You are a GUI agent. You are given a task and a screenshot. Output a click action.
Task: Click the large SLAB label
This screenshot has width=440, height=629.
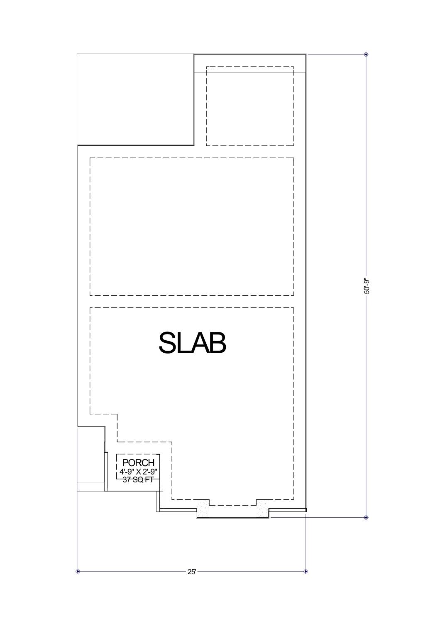pos(192,343)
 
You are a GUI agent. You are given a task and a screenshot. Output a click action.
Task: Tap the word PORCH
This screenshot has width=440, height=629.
pos(138,463)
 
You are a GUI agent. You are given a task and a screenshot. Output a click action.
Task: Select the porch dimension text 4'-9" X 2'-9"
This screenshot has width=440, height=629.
pos(138,472)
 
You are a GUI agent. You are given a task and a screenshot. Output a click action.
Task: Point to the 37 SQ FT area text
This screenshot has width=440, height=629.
pos(138,479)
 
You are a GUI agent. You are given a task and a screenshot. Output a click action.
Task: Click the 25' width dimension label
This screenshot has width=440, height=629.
pos(191,572)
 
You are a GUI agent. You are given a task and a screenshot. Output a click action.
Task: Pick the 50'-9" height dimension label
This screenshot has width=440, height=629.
pos(366,286)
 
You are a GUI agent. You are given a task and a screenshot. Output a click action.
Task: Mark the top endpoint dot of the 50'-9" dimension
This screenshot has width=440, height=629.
pos(366,54)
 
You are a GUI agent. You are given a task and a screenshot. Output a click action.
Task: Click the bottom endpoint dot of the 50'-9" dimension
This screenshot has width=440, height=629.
pos(366,518)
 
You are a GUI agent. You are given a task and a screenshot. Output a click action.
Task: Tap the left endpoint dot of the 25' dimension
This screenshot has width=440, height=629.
pos(78,572)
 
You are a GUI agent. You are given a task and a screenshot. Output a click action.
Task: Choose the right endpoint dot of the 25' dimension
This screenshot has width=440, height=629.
pos(306,572)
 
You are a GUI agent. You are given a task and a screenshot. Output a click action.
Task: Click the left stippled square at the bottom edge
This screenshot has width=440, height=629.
pos(203,509)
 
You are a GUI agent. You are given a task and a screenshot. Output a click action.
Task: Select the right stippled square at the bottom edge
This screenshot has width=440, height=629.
pos(263,509)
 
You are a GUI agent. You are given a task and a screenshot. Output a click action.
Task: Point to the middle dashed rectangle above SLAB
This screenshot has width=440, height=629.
pos(191,226)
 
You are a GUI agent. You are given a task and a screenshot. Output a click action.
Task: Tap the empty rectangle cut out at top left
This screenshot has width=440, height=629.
pos(135,99)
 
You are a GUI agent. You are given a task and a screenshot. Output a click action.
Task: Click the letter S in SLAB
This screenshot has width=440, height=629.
pos(168,343)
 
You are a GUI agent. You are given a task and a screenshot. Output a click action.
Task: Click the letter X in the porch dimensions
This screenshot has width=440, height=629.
pos(139,472)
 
